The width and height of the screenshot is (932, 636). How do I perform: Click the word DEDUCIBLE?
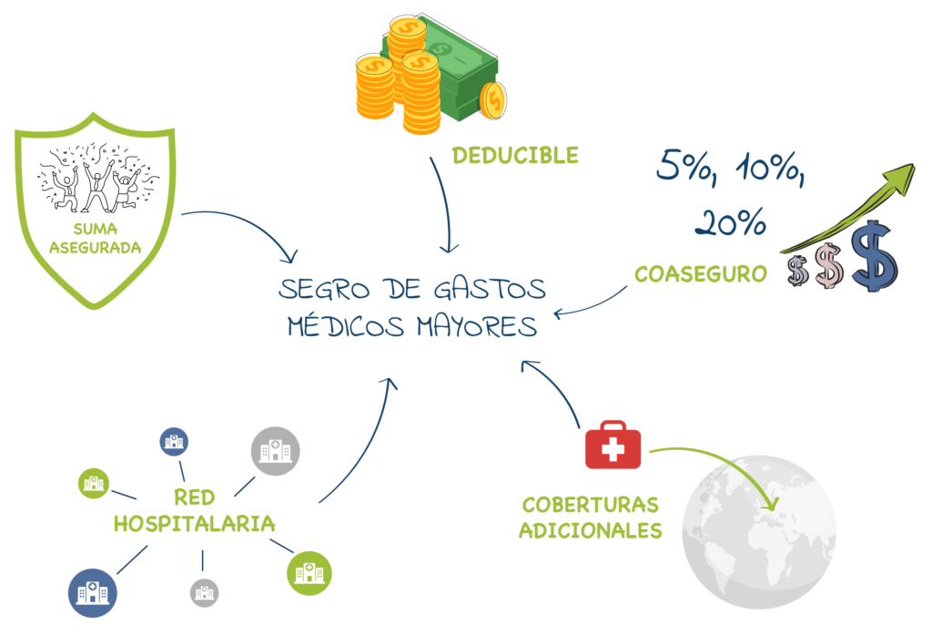[515, 155]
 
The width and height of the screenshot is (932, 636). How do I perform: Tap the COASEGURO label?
[701, 273]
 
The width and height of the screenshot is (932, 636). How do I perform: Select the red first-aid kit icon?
[613, 445]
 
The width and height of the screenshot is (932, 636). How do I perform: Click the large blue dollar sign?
[875, 256]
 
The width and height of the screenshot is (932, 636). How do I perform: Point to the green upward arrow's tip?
[914, 165]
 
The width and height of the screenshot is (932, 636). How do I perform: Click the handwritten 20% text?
[731, 222]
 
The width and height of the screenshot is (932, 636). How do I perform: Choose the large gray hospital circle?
[275, 451]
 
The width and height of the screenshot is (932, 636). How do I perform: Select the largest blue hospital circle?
[92, 592]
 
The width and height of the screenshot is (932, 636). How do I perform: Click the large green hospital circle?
[309, 573]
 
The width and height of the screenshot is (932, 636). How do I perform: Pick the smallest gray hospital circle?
[204, 592]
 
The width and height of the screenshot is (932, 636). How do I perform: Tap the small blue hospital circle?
[174, 442]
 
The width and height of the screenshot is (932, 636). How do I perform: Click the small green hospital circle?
[94, 483]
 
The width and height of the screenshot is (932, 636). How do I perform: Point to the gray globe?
[759, 532]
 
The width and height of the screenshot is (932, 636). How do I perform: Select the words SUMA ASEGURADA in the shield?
[95, 238]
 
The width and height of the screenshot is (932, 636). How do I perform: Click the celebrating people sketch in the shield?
[96, 178]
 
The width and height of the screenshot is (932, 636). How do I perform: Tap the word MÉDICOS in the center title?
[345, 325]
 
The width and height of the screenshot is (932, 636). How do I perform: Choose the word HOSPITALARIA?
[195, 524]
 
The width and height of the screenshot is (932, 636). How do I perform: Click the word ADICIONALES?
[590, 530]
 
